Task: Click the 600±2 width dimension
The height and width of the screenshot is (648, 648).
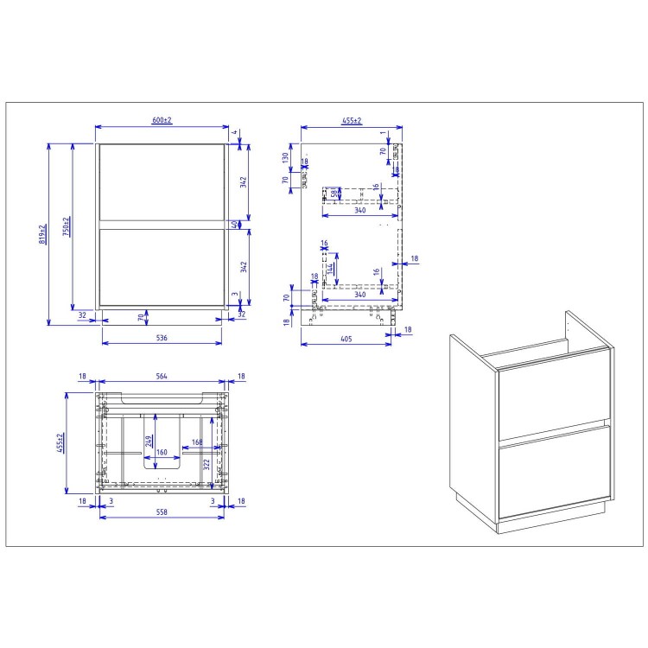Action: (x=162, y=120)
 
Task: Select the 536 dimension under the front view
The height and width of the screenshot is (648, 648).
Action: (x=161, y=338)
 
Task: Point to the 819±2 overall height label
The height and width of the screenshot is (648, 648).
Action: (x=42, y=233)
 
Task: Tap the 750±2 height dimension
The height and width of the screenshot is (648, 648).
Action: (x=67, y=226)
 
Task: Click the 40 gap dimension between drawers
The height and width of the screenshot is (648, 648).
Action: (x=234, y=224)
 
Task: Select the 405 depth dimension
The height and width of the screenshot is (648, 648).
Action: (x=345, y=338)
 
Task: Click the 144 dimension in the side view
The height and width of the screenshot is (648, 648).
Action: (x=331, y=269)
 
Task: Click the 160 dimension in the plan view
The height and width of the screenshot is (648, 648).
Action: (x=162, y=452)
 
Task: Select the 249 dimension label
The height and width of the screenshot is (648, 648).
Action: (x=149, y=442)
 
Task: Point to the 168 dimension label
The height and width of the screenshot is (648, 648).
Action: (x=197, y=443)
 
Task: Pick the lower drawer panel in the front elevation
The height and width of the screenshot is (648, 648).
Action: (x=161, y=266)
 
